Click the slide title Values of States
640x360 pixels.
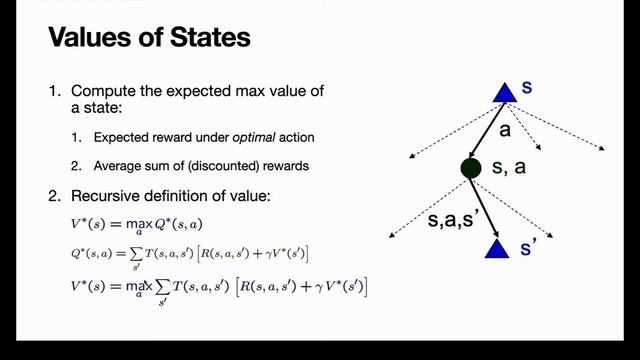149,41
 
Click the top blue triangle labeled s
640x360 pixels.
503,92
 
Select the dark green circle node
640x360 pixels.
470,168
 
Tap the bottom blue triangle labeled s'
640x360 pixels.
497,246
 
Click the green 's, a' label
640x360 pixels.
510,169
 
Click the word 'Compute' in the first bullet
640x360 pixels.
104,92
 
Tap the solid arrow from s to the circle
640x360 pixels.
488,128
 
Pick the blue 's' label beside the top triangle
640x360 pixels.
527,88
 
